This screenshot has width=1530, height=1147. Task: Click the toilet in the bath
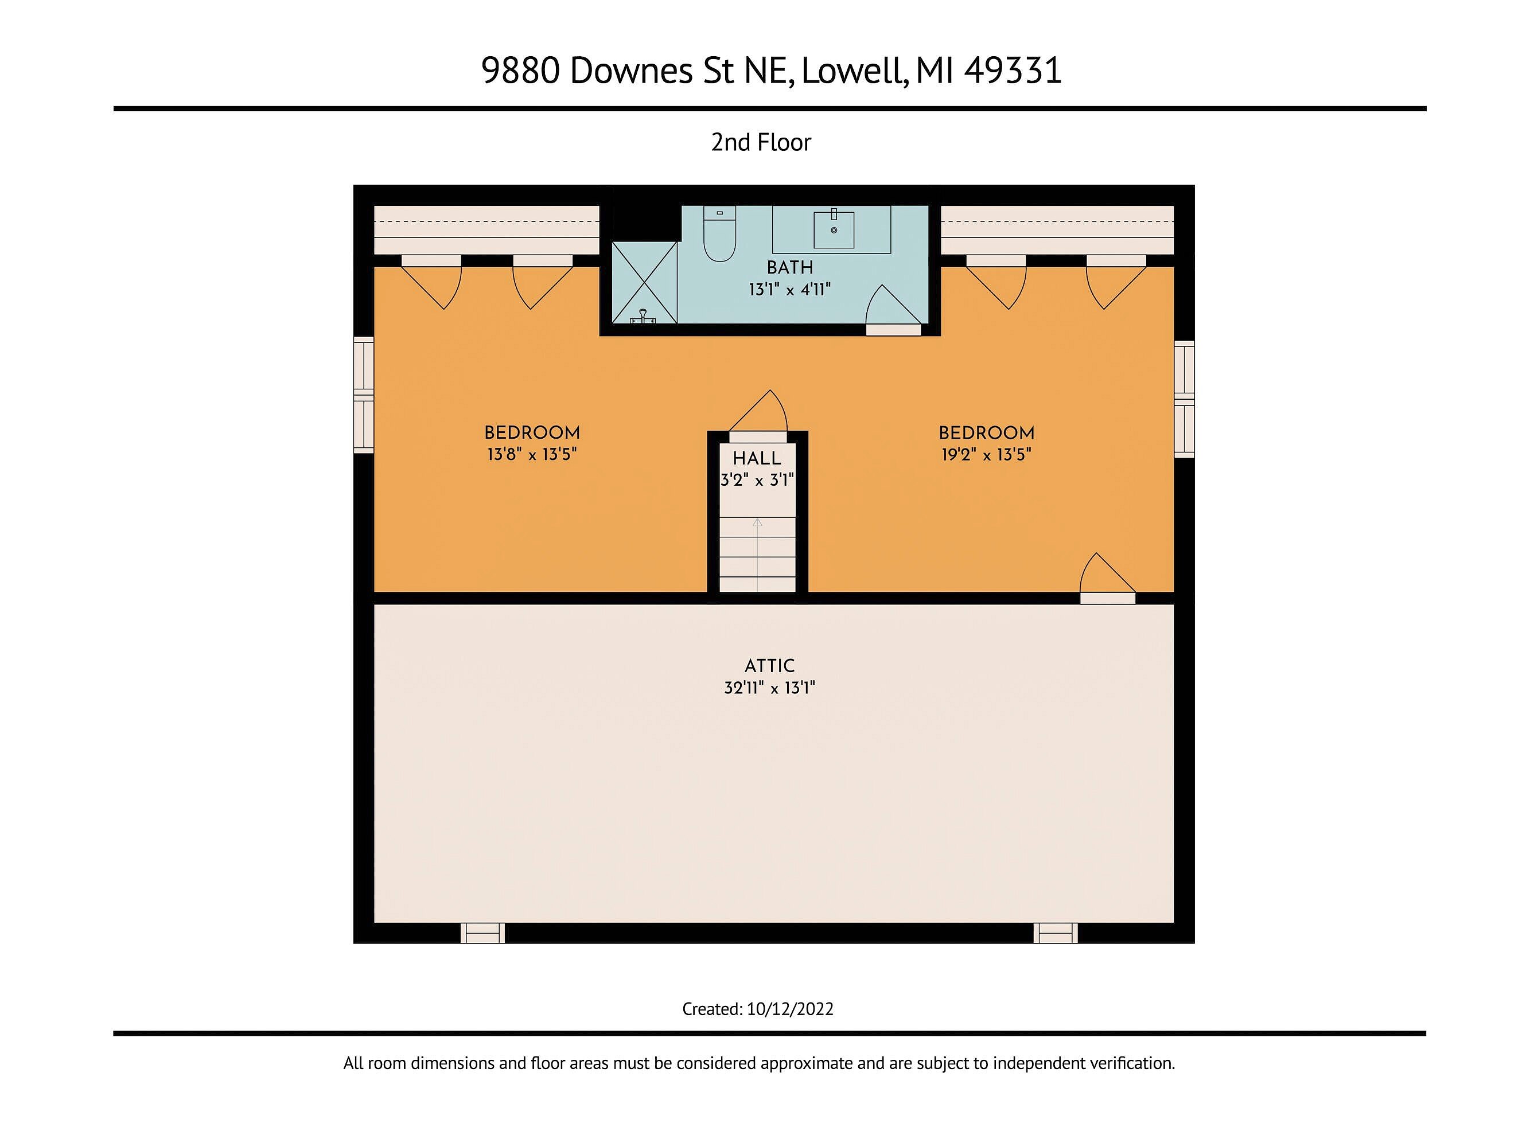click(719, 233)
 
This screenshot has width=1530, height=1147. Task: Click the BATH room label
click(790, 267)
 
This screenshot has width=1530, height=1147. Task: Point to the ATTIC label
click(770, 666)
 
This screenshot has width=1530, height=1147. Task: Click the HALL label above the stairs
click(757, 458)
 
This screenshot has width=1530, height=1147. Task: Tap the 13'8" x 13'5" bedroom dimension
click(532, 454)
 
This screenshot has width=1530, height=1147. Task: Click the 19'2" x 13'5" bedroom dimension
click(986, 454)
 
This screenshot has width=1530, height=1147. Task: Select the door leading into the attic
click(1107, 578)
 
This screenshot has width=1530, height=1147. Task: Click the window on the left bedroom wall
click(364, 395)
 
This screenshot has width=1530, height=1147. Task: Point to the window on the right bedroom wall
click(1184, 399)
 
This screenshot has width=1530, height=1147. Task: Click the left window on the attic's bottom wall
click(483, 933)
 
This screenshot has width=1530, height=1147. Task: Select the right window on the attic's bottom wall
click(1056, 933)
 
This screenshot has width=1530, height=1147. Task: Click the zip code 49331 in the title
click(1013, 70)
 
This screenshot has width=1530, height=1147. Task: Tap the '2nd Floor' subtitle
click(761, 142)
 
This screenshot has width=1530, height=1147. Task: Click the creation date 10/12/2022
click(790, 1009)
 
